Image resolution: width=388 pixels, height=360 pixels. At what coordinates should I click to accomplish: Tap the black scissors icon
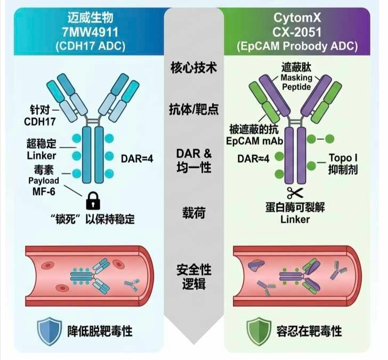(x=294, y=193)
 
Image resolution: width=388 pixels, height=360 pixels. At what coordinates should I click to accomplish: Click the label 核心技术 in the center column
(x=195, y=69)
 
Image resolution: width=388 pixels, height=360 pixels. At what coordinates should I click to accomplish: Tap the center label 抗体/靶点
(x=195, y=110)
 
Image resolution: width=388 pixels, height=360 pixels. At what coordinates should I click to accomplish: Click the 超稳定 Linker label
(x=41, y=150)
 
